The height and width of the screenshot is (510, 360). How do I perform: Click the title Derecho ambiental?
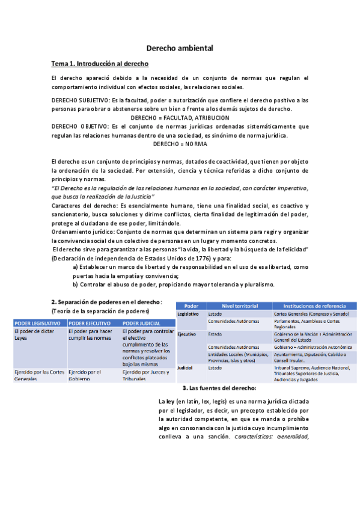[x=180, y=48]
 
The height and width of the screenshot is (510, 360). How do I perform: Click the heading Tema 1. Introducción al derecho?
[x=100, y=63]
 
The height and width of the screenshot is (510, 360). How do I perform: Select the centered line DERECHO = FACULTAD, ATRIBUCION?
[x=180, y=117]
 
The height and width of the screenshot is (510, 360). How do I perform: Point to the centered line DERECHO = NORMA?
[x=180, y=144]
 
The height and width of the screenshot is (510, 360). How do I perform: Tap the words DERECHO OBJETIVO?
[x=78, y=127]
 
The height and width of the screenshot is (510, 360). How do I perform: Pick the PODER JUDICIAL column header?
[x=142, y=324]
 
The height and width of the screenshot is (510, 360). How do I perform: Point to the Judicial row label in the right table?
[x=185, y=367]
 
